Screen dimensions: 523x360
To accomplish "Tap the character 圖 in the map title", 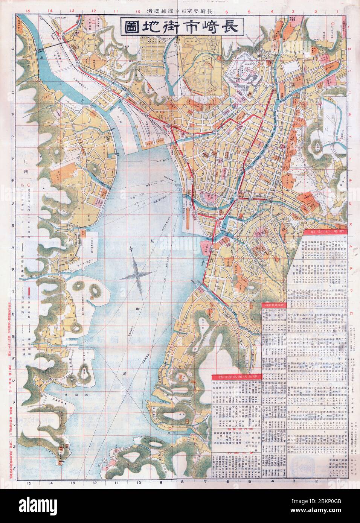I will click(130, 27).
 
